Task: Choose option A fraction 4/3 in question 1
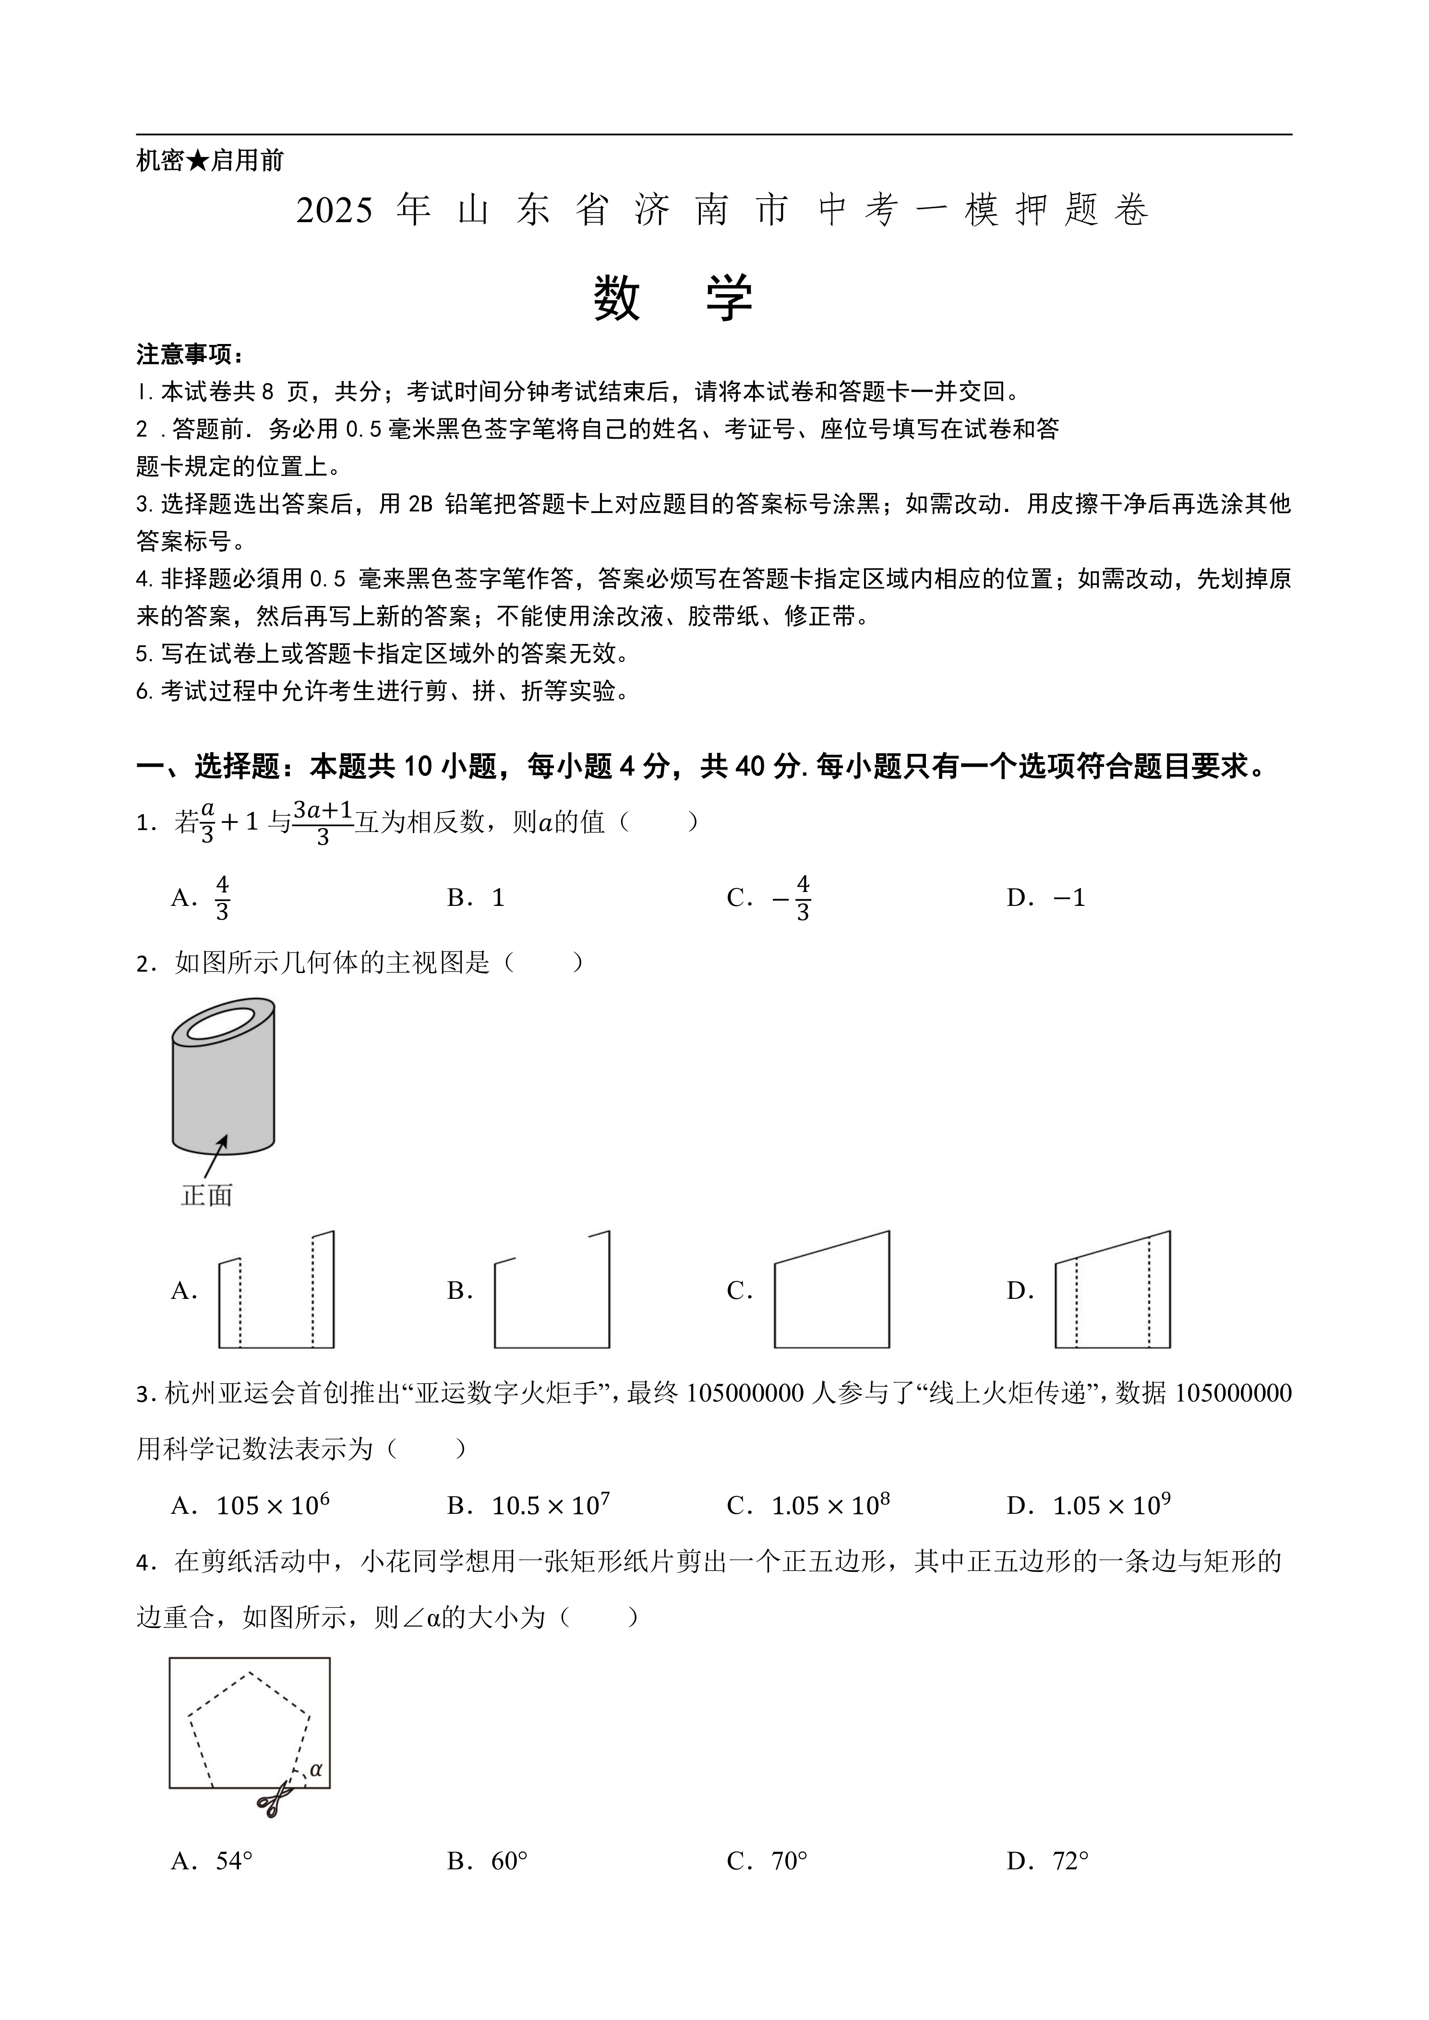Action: (222, 897)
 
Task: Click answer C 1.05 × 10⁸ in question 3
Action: (830, 1505)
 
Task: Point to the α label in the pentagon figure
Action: (316, 1769)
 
